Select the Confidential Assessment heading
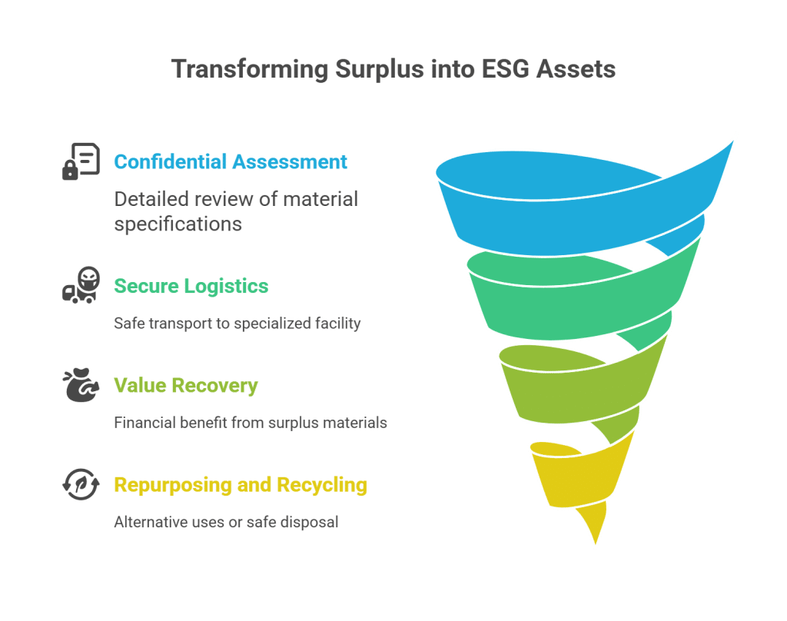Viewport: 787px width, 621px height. click(x=231, y=162)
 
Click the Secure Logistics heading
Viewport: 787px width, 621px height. click(x=191, y=287)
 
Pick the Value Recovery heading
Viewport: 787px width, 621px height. click(x=185, y=386)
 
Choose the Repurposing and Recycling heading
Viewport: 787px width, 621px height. click(x=240, y=485)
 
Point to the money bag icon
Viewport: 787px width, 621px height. click(x=81, y=386)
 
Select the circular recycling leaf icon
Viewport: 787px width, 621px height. click(x=81, y=486)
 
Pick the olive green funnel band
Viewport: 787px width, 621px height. click(x=569, y=384)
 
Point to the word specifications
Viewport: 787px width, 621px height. click(x=178, y=224)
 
